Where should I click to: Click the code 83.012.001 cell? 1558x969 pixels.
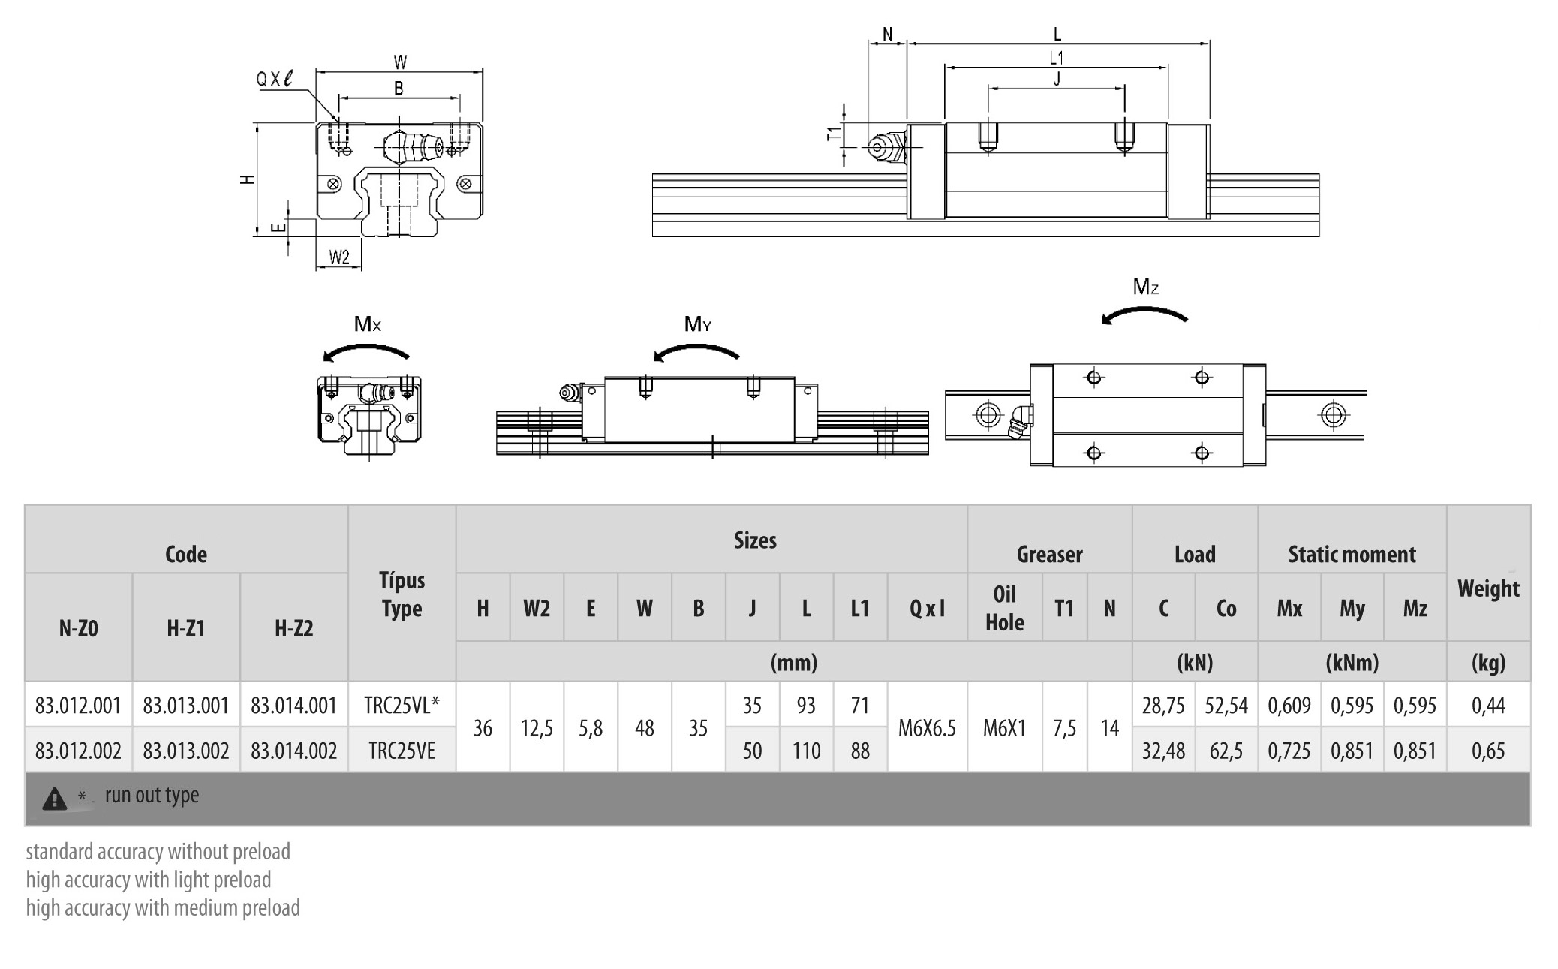(78, 706)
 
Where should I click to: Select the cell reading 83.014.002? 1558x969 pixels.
(293, 751)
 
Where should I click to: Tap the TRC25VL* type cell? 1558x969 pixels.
(402, 706)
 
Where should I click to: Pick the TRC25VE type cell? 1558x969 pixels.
(402, 751)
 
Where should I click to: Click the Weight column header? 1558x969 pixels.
(1488, 589)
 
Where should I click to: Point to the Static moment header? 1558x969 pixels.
(1352, 555)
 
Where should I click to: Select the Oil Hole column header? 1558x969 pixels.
(1004, 608)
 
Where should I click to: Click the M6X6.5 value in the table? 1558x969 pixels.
(927, 728)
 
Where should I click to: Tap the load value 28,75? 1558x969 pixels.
(1163, 706)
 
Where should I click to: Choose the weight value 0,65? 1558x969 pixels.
(1488, 751)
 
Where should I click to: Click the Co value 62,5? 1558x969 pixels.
(1226, 751)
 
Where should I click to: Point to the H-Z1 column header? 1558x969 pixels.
(185, 628)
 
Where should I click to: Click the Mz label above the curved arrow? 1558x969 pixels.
(1146, 287)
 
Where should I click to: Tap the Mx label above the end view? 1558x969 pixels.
(368, 324)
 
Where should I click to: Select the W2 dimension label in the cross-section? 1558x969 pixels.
(339, 257)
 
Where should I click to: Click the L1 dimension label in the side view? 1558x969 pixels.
(1056, 58)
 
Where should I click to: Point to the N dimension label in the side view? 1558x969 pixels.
(888, 35)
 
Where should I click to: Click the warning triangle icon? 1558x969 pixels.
(55, 799)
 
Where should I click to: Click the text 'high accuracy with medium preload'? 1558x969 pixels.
(163, 908)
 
